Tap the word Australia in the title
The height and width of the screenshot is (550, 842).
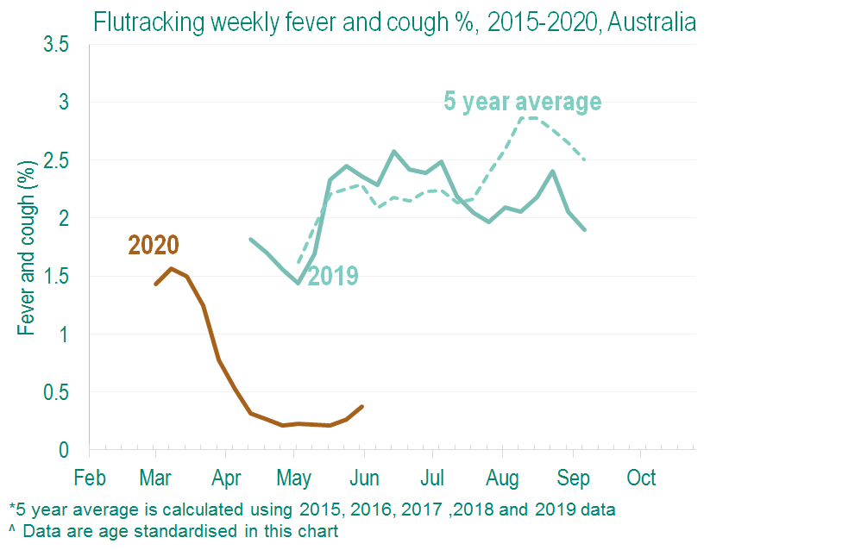point(651,22)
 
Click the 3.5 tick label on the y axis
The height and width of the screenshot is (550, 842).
point(56,45)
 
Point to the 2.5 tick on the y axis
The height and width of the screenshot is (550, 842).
point(56,161)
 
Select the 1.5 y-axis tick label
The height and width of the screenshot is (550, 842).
point(56,277)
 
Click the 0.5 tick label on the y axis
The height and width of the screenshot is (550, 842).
point(56,392)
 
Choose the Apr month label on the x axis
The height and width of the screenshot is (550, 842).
point(227,478)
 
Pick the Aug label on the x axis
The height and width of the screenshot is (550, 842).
point(503,478)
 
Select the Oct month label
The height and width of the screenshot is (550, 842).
point(641,478)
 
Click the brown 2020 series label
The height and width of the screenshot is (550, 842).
point(154,246)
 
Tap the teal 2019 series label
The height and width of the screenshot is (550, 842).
point(333,276)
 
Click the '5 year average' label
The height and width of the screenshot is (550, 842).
point(522,102)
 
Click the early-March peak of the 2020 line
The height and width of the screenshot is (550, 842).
point(171,268)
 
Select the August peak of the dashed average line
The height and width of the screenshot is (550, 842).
point(528,117)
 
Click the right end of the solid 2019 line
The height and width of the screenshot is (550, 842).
point(585,229)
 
